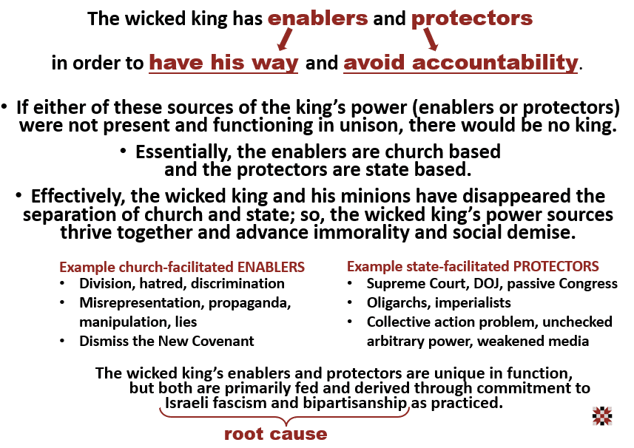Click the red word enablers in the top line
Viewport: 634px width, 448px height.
pyautogui.click(x=317, y=18)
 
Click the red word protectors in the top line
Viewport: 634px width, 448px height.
pyautogui.click(x=472, y=18)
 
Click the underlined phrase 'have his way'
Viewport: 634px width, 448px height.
pyautogui.click(x=223, y=63)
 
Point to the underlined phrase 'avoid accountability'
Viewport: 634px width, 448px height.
pyautogui.click(x=460, y=63)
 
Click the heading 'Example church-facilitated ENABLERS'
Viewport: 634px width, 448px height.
pyautogui.click(x=182, y=266)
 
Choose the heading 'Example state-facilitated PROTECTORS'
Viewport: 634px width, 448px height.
pyautogui.click(x=473, y=266)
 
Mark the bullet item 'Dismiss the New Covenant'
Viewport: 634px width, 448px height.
pyautogui.click(x=166, y=342)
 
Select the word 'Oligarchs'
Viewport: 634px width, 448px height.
pyautogui.click(x=397, y=303)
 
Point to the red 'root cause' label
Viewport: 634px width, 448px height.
pyautogui.click(x=275, y=434)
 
